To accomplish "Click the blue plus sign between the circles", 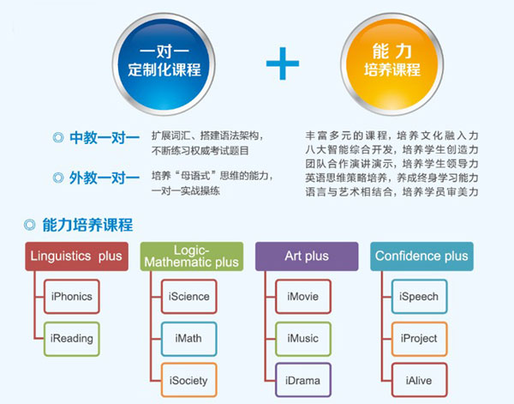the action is [x=282, y=63].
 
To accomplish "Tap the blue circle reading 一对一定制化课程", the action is [x=164, y=64].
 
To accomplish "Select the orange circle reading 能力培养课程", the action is [x=392, y=64].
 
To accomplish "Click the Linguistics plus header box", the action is [x=77, y=256].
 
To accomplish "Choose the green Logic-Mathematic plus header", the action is [x=192, y=256].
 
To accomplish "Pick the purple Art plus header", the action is [x=307, y=256].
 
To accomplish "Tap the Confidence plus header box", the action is [x=421, y=256].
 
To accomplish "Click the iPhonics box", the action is [x=72, y=297].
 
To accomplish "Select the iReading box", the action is [x=72, y=339].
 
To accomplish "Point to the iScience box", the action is [x=188, y=297].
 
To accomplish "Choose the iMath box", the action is [x=188, y=339].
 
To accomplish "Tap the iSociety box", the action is [x=188, y=380].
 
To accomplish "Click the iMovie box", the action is [x=303, y=297].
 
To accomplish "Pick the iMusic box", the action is [x=303, y=339].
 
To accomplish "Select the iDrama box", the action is [x=303, y=380].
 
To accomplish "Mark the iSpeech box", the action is [x=419, y=297].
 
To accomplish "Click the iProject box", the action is [x=419, y=339].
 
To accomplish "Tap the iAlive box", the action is [x=419, y=380].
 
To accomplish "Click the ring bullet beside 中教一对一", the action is [x=58, y=134].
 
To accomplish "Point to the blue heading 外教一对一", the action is [x=105, y=178].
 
